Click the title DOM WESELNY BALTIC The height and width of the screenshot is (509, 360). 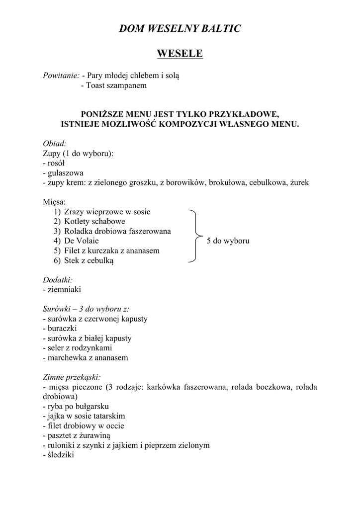[180, 29]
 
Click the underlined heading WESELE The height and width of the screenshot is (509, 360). [180, 53]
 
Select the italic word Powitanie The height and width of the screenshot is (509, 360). [61, 76]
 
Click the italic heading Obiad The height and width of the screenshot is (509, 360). [55, 144]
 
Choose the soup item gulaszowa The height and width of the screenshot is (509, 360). [63, 172]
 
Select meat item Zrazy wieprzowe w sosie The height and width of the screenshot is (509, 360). [107, 212]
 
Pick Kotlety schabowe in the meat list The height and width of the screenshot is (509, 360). [94, 221]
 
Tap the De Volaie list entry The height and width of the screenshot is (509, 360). [81, 241]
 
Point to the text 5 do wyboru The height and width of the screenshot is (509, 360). [228, 241]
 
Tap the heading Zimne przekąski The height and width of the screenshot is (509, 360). [72, 377]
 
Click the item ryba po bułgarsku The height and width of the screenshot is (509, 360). [76, 406]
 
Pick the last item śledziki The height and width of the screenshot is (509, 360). [59, 454]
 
